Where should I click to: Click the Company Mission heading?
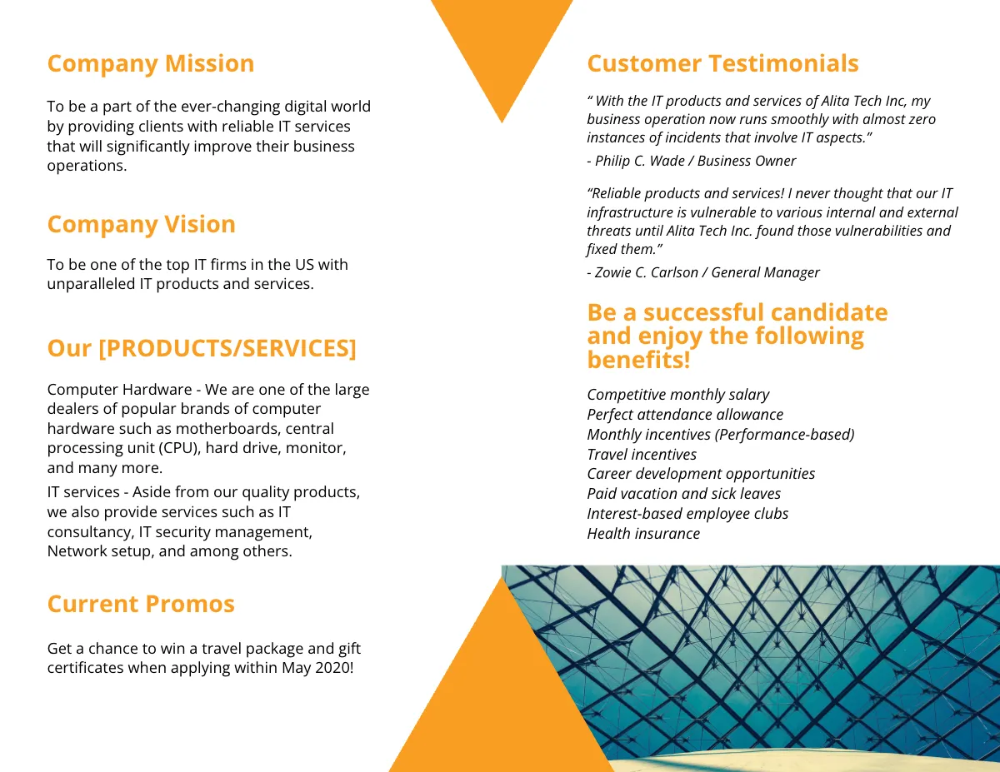(x=150, y=64)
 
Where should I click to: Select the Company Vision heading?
(x=141, y=225)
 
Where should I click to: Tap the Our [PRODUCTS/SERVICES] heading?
(x=202, y=348)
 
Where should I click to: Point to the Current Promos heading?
(x=141, y=605)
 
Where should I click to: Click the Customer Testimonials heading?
(x=722, y=64)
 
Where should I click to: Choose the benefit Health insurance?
(x=643, y=534)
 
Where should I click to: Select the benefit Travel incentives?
(x=642, y=455)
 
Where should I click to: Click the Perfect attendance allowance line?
(x=685, y=415)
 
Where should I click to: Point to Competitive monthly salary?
(x=677, y=395)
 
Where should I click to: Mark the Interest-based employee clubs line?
(x=687, y=514)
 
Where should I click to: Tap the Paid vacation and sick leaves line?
(x=683, y=494)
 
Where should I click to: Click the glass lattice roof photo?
(x=792, y=658)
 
